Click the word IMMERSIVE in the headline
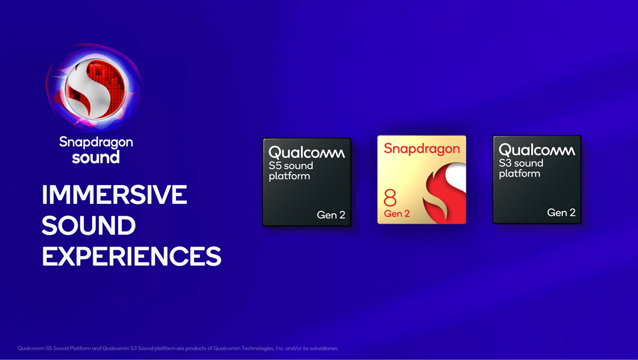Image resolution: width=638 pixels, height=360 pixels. click(x=114, y=195)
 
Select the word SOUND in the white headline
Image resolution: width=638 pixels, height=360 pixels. click(x=89, y=226)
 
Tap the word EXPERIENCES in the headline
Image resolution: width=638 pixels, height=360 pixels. click(x=132, y=256)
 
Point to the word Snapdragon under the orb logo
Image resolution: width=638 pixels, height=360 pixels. click(x=96, y=142)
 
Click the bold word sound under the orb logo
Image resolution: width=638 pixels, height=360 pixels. click(x=96, y=158)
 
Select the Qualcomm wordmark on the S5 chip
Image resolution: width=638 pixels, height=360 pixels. click(x=306, y=153)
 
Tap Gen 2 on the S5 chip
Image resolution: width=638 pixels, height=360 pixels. click(x=331, y=215)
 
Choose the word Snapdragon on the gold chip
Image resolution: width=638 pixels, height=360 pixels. click(x=422, y=149)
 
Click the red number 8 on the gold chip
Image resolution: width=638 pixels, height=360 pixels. click(x=390, y=198)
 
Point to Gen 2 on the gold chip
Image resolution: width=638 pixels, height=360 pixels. click(x=397, y=213)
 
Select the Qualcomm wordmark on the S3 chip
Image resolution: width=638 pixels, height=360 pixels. click(x=536, y=150)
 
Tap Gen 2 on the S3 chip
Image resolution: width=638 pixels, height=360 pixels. click(x=561, y=212)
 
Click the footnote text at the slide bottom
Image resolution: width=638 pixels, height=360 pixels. click(x=178, y=348)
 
